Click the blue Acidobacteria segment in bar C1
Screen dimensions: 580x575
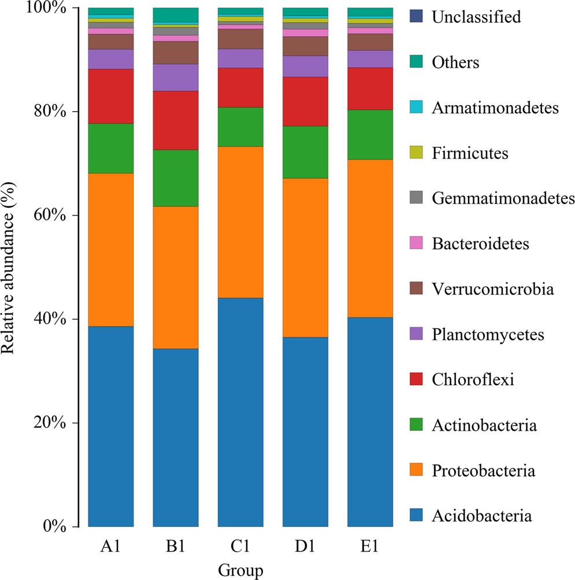[240, 412]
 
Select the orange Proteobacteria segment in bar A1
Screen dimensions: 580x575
[111, 250]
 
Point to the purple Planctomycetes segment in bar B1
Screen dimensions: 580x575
[176, 77]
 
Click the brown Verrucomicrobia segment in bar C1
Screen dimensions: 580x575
[240, 39]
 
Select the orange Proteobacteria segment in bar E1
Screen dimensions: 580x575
[370, 238]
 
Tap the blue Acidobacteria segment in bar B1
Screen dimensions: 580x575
[176, 438]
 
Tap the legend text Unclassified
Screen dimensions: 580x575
[476, 17]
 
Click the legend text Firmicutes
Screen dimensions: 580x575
[470, 153]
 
